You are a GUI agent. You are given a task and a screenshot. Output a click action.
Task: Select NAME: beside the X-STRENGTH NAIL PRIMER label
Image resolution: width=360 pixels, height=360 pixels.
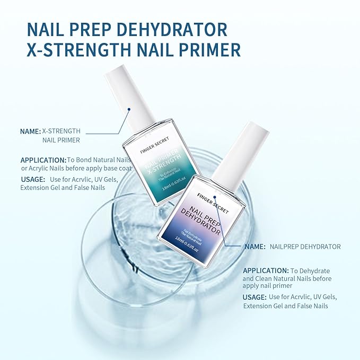pos(30,131)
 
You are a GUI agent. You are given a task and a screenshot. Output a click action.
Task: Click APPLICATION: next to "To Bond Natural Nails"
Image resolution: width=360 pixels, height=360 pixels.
pos(43,160)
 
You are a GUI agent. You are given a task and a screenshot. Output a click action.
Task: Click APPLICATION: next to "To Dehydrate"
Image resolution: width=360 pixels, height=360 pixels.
pos(266,270)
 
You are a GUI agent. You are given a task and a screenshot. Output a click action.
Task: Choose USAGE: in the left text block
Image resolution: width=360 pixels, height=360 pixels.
pos(32,179)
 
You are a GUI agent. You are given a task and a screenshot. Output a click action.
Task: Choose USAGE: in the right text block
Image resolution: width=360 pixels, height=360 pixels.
pos(255,297)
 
